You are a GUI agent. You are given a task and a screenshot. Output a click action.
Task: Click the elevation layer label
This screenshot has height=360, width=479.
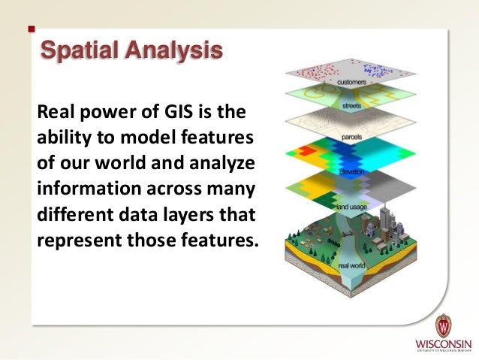pos(352,172)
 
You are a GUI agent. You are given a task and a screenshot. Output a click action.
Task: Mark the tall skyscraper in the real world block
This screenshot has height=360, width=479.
pos(389,218)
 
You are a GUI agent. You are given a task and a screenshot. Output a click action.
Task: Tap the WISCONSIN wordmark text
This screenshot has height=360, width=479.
pos(444,345)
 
